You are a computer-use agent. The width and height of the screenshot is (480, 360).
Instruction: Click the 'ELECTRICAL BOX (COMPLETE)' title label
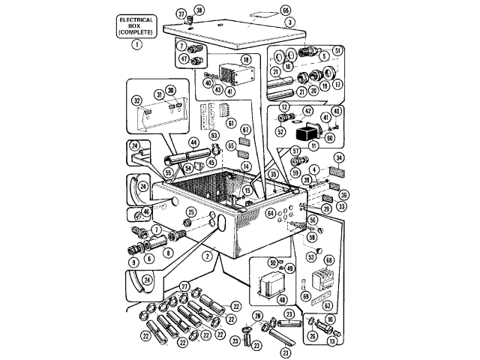136,27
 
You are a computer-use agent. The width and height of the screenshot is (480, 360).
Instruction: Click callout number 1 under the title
136,44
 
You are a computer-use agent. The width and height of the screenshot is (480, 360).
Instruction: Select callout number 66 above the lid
285,10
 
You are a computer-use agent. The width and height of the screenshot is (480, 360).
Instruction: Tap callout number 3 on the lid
289,22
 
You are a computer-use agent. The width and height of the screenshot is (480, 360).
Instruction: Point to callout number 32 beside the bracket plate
137,100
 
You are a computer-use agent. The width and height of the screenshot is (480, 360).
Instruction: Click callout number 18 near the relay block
245,58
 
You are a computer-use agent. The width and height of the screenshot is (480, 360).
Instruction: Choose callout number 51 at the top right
338,50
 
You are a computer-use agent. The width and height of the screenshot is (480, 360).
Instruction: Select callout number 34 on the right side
339,158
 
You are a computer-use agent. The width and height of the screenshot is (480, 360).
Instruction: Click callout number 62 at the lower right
327,305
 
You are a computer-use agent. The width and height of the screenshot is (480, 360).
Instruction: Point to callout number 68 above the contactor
328,259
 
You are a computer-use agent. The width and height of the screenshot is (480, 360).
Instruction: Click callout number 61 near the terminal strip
232,123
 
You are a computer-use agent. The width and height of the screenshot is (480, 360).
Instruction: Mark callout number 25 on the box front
190,214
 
